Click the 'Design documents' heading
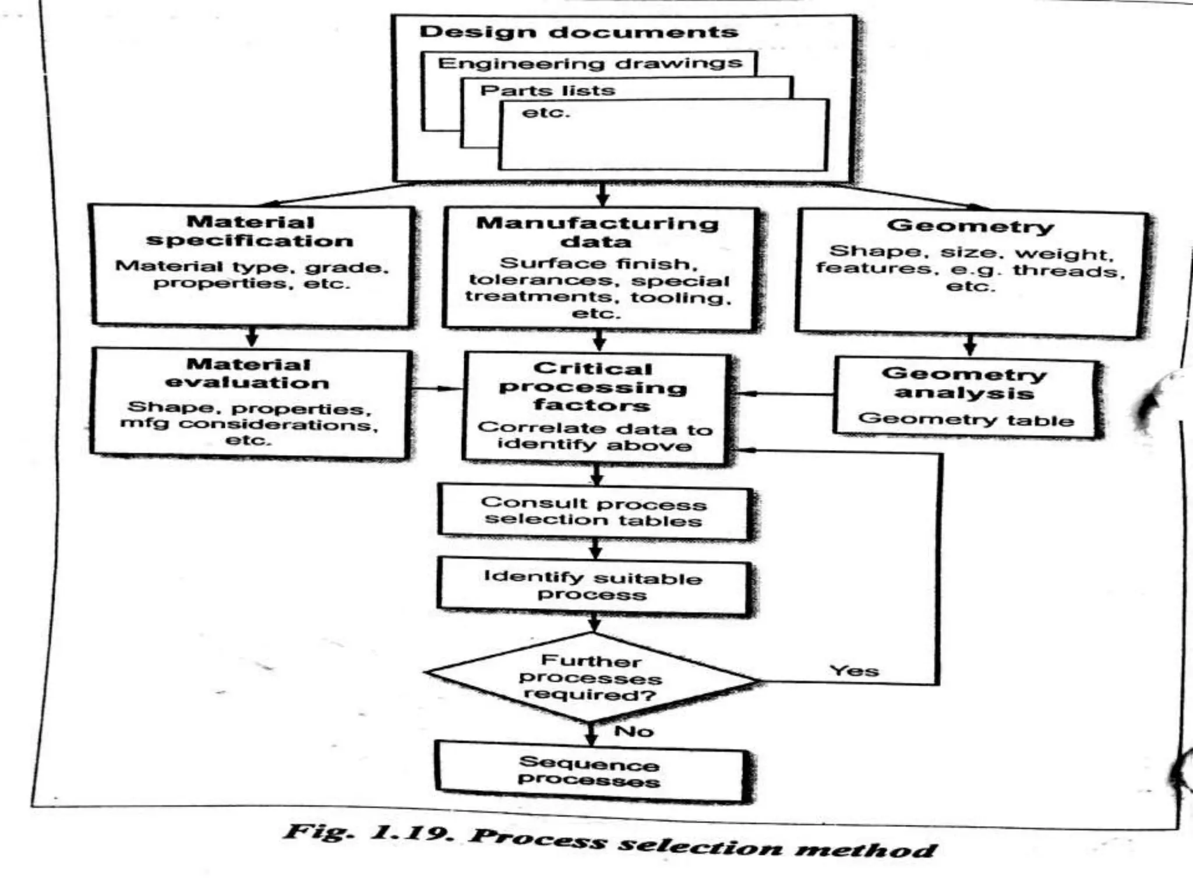click(x=578, y=31)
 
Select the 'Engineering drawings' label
click(x=590, y=63)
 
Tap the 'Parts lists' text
click(x=548, y=90)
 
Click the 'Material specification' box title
click(x=250, y=231)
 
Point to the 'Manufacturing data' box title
click(x=597, y=232)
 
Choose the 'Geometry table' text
click(x=966, y=419)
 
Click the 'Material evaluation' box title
click(x=248, y=373)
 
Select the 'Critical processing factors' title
click(x=593, y=386)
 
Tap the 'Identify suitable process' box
click(x=592, y=586)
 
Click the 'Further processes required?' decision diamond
click(x=591, y=678)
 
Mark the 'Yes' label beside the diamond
click(x=854, y=671)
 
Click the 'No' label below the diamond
click(x=634, y=731)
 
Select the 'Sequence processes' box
click(x=589, y=771)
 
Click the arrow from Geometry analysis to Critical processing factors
click(x=784, y=394)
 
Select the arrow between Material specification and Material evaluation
click(x=252, y=336)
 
